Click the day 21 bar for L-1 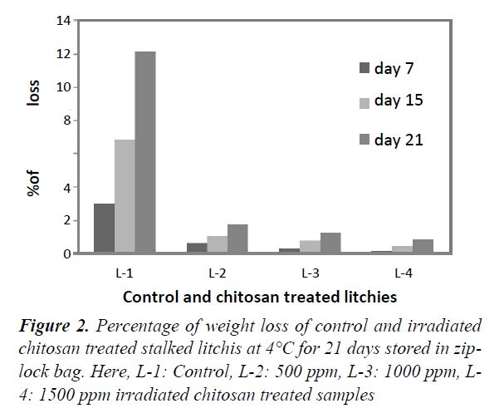[x=145, y=153]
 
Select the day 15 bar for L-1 [x=125, y=197]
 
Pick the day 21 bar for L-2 [x=237, y=239]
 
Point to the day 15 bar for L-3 [x=310, y=247]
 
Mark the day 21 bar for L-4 [x=423, y=246]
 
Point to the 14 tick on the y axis [x=63, y=21]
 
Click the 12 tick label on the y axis [x=63, y=54]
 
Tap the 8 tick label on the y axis [x=66, y=120]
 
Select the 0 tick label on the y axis [x=66, y=254]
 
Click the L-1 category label [x=125, y=272]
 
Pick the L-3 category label [x=310, y=272]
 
